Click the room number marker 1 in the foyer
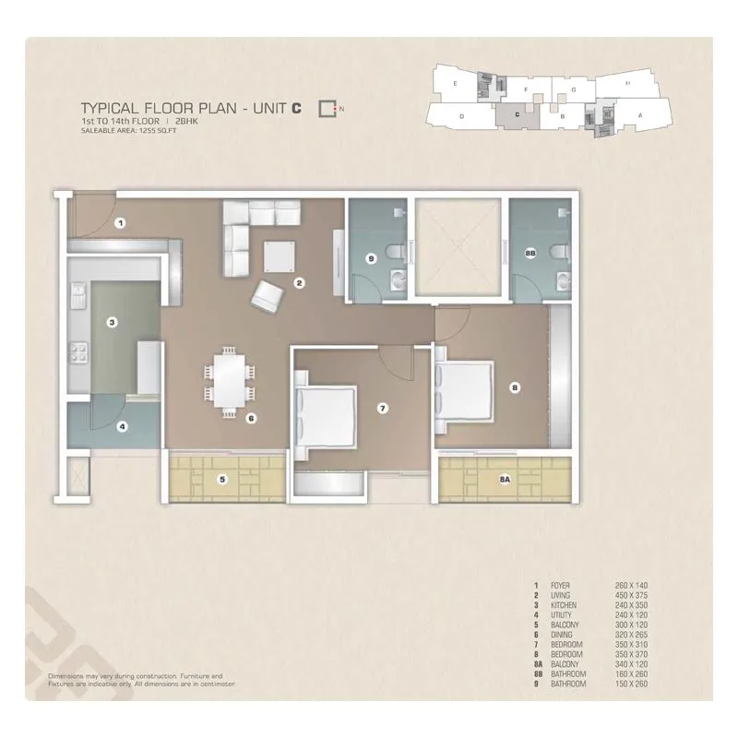(x=121, y=222)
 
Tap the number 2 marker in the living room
(x=299, y=283)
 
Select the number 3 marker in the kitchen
(x=112, y=322)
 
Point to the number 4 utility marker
(x=121, y=426)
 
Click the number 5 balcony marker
(x=222, y=478)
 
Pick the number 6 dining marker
(x=250, y=418)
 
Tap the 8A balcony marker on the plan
(x=503, y=478)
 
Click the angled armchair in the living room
(x=268, y=295)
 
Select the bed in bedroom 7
(x=323, y=415)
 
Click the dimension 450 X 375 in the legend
(x=634, y=598)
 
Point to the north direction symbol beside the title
(x=327, y=109)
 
